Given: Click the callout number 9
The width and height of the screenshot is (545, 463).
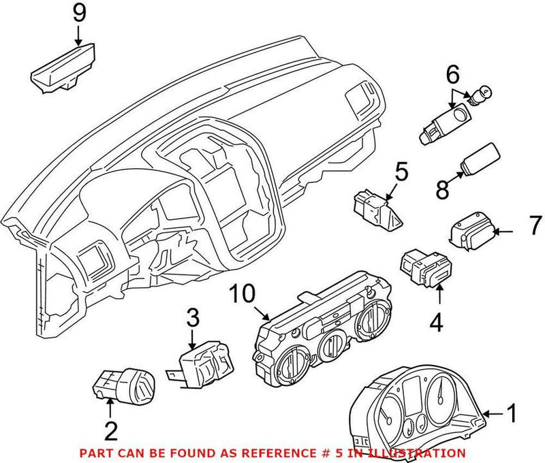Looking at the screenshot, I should tap(79, 12).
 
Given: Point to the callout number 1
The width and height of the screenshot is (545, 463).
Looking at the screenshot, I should tap(512, 413).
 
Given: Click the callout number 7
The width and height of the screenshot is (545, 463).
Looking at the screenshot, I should tap(535, 224).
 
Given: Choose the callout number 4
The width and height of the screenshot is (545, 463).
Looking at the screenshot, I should tap(436, 321).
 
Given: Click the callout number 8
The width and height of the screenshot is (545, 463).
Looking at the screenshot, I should tap(441, 190).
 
